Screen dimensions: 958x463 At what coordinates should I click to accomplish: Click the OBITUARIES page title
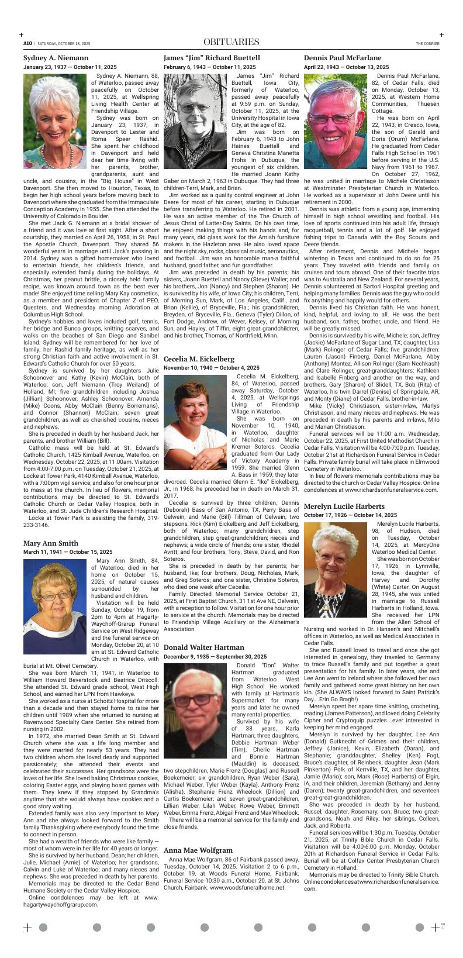pyautogui.click(x=231, y=42)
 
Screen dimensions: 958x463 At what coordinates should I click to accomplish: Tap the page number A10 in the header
pyautogui.click(x=27, y=43)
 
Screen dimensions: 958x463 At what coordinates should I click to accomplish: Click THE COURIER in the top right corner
pyautogui.click(x=427, y=43)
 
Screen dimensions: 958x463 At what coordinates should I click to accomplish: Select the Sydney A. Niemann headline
pyautogui.click(x=56, y=58)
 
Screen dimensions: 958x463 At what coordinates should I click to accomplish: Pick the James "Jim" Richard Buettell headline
pyautogui.click(x=212, y=58)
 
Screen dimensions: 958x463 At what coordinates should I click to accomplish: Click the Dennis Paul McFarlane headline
pyautogui.click(x=343, y=58)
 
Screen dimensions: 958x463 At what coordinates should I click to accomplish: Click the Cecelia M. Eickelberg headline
pyautogui.click(x=199, y=359)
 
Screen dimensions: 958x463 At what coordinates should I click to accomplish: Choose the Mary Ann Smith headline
pyautogui.click(x=51, y=543)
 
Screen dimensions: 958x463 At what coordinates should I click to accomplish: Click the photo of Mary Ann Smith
pyautogui.click(x=56, y=606)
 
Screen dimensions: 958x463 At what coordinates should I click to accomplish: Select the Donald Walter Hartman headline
pyautogui.click(x=204, y=647)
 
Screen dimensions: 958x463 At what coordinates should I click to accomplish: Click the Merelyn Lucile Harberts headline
pyautogui.click(x=344, y=506)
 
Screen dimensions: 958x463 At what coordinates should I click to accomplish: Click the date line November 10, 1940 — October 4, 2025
pyautogui.click(x=212, y=368)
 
